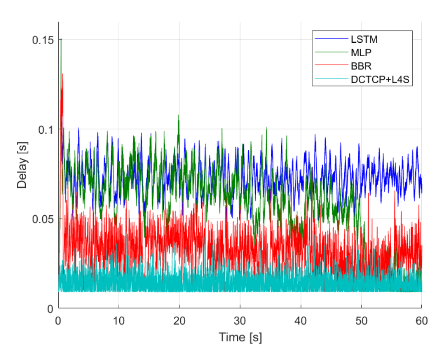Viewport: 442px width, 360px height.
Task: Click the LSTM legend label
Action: click(x=364, y=40)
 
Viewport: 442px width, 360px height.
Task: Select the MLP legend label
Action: click(x=360, y=53)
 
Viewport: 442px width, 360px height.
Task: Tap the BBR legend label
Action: click(x=360, y=66)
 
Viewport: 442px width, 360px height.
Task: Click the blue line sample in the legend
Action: click(x=331, y=40)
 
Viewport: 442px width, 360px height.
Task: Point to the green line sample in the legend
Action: click(x=331, y=53)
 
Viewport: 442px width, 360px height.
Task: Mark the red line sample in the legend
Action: click(x=331, y=66)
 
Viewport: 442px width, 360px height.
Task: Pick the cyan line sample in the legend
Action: click(x=331, y=79)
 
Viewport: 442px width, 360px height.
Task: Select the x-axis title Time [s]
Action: click(x=240, y=337)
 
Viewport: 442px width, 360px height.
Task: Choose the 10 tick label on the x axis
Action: click(x=119, y=321)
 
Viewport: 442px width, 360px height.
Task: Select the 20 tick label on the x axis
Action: click(x=179, y=321)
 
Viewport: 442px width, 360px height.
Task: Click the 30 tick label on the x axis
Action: click(x=240, y=321)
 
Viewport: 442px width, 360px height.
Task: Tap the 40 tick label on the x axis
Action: click(x=300, y=321)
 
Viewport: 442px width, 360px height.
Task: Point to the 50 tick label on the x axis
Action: click(x=361, y=321)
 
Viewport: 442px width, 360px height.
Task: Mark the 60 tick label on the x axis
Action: click(x=421, y=321)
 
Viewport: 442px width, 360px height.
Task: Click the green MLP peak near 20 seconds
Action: click(x=178, y=115)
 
